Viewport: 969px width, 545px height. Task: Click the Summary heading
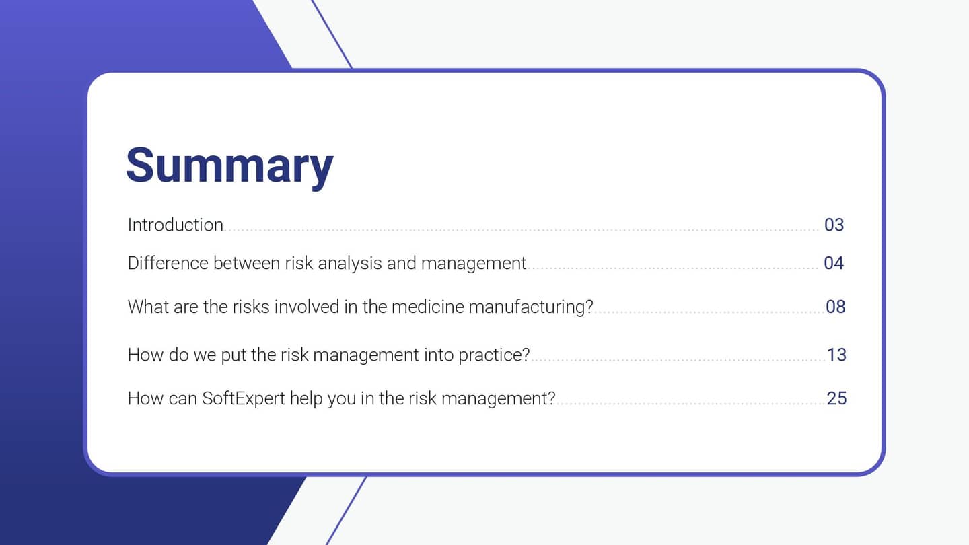(229, 165)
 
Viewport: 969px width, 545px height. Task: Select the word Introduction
(175, 225)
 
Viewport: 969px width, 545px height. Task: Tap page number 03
(834, 225)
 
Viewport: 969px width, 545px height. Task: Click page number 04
(834, 263)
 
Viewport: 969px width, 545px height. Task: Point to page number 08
(835, 307)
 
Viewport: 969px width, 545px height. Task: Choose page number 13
(836, 355)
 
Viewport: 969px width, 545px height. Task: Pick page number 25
(836, 398)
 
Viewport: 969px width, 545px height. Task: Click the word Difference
(168, 263)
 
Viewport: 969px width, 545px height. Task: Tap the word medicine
(427, 307)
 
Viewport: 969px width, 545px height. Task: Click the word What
(148, 307)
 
